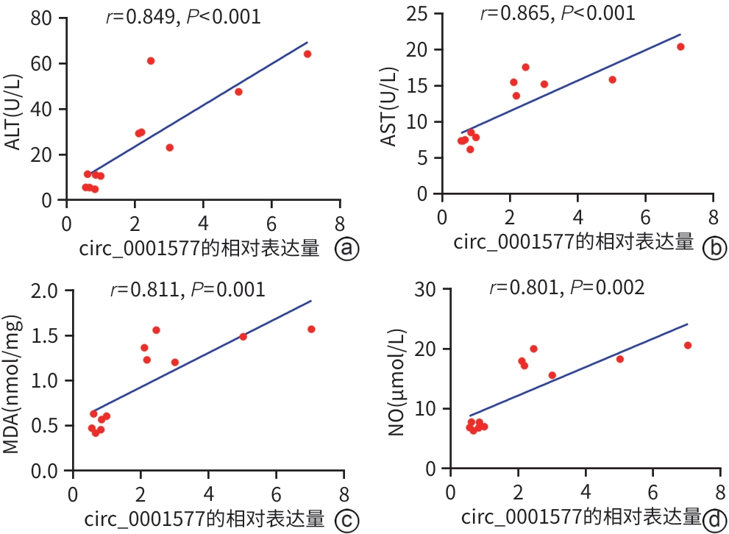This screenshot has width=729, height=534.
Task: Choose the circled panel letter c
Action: point(346,521)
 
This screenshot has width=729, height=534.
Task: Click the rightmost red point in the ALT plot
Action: point(307,54)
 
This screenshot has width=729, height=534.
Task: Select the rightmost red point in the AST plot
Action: point(680,46)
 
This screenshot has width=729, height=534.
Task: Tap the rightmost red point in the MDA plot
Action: point(311,329)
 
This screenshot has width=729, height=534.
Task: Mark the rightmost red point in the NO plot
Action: point(688,345)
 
